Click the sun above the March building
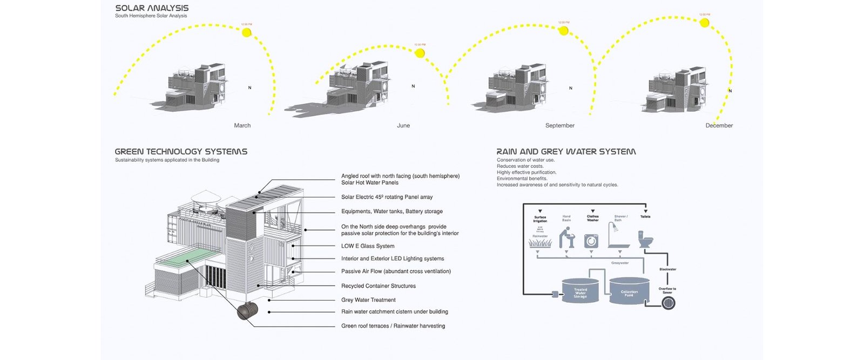[x=247, y=32]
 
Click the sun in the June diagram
[x=420, y=53]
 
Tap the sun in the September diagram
[x=563, y=31]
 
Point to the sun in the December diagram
[x=704, y=23]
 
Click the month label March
[x=242, y=125]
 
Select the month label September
[x=559, y=125]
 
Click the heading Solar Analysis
[x=152, y=8]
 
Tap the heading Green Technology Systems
[x=181, y=152]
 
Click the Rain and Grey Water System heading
[x=566, y=152]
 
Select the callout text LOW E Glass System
[x=368, y=246]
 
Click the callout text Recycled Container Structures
[x=379, y=286]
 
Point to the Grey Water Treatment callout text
[x=368, y=300]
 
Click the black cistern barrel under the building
[x=248, y=312]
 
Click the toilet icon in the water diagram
[x=646, y=239]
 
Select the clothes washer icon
[x=591, y=240]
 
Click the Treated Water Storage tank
[x=580, y=291]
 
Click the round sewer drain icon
[x=669, y=303]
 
